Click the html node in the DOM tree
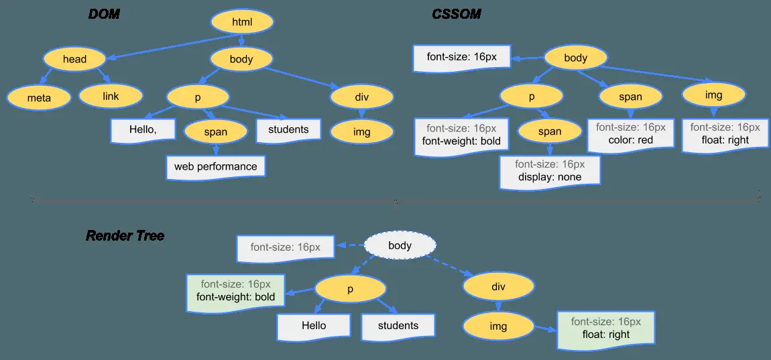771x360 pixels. pyautogui.click(x=241, y=22)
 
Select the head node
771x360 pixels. pyautogui.click(x=74, y=59)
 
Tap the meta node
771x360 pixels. pyautogui.click(x=39, y=98)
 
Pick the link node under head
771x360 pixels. pyautogui.click(x=111, y=97)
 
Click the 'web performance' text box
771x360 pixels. pyautogui.click(x=215, y=166)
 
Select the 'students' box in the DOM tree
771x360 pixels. pyautogui.click(x=288, y=129)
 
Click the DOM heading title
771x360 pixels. pyautogui.click(x=104, y=14)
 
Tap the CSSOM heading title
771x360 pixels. pyautogui.click(x=456, y=14)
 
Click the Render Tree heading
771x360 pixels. pyautogui.click(x=125, y=236)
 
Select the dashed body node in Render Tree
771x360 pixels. pyautogui.click(x=400, y=246)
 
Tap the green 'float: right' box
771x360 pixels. pyautogui.click(x=605, y=328)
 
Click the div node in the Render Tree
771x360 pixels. pyautogui.click(x=498, y=287)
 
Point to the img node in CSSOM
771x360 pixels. pyautogui.click(x=714, y=95)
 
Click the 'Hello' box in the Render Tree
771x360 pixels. pyautogui.click(x=314, y=326)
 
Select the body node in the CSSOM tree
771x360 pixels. pyautogui.click(x=575, y=58)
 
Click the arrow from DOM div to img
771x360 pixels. pyautogui.click(x=361, y=113)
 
